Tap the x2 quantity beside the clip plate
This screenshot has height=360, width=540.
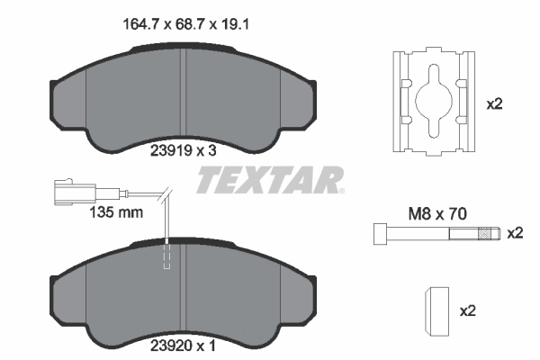pos(494,103)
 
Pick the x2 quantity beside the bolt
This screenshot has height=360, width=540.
pos(515,233)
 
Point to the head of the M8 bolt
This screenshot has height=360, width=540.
pos(378,234)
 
